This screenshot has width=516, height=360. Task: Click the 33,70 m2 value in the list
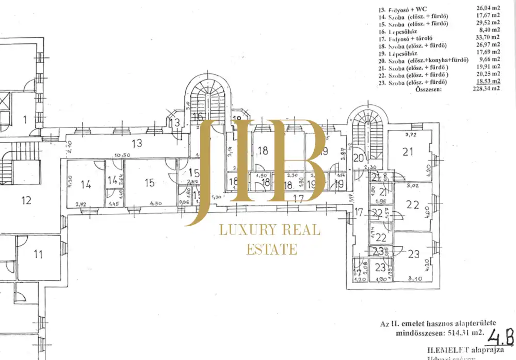pos(489,38)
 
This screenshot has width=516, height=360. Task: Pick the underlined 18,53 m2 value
pos(489,82)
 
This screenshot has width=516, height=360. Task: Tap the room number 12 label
pos(27,200)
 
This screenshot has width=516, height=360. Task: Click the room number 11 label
pos(38,254)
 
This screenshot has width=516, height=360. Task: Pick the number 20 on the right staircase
pos(358,158)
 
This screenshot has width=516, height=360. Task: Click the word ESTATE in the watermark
pos(272,249)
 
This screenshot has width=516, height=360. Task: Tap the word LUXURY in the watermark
pos(245,230)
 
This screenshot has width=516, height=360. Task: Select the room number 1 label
pos(24,120)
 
